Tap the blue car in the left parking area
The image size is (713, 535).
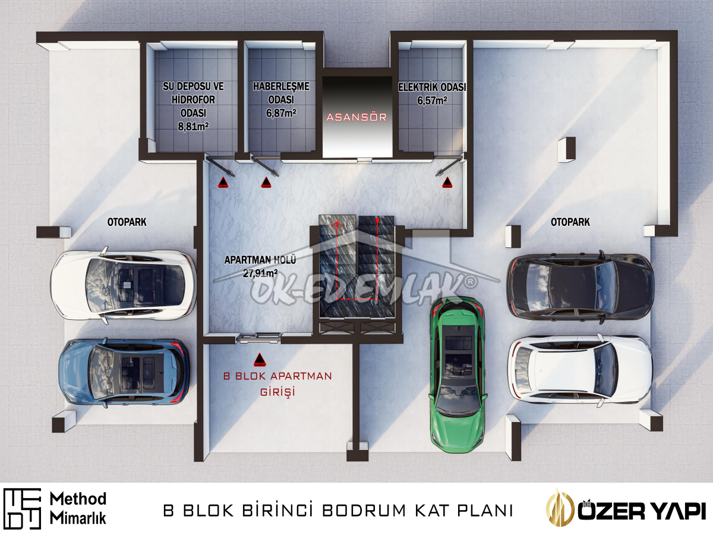point(124,372)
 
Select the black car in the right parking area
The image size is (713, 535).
point(580,287)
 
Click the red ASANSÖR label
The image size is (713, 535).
point(356,117)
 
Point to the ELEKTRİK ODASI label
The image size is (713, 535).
point(432,87)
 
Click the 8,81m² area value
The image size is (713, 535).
point(193,126)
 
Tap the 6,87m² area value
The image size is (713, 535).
point(281,113)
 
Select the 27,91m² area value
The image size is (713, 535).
point(260,273)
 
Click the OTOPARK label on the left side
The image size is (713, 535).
point(127,222)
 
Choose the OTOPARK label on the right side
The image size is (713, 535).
point(570,222)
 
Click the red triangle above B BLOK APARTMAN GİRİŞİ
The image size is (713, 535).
point(260,360)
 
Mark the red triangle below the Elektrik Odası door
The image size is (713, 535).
point(447,182)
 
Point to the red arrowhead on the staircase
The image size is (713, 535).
point(337,224)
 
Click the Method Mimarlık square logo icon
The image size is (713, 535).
point(22,509)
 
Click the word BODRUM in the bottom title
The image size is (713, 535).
point(364,510)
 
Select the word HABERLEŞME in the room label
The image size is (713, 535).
point(281,86)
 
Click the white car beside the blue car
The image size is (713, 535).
point(124,285)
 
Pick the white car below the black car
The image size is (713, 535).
point(580,370)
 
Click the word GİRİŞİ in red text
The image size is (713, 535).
point(277,391)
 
